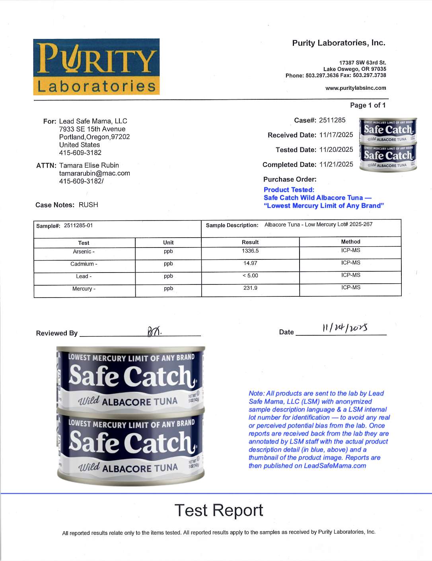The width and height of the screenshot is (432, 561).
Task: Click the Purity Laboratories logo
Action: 96,67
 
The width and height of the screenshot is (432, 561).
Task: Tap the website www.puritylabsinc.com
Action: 356,88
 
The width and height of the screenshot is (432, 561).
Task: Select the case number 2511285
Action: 332,120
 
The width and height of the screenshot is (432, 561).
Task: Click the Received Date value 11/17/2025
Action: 336,135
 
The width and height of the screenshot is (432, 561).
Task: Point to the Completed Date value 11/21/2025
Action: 336,164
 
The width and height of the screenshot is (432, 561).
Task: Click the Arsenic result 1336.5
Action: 250,251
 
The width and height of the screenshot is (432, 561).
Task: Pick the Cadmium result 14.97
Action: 250,263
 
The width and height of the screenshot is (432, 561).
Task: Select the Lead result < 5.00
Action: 250,276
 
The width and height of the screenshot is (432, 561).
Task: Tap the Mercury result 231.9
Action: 250,288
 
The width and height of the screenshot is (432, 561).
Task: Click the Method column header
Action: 350,242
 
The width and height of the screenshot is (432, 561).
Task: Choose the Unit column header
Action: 168,242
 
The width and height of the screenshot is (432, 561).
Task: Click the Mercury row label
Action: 84,289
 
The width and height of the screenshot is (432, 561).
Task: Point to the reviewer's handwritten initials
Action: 154,331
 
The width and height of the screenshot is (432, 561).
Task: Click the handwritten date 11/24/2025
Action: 345,328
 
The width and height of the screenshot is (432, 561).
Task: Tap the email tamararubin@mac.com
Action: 95,173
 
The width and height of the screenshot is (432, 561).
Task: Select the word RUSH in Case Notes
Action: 88,205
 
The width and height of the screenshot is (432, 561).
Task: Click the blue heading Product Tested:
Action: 289,190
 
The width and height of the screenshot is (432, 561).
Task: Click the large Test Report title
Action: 219,511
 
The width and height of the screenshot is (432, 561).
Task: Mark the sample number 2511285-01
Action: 78,226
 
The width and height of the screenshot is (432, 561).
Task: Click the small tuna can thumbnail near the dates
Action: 388,145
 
